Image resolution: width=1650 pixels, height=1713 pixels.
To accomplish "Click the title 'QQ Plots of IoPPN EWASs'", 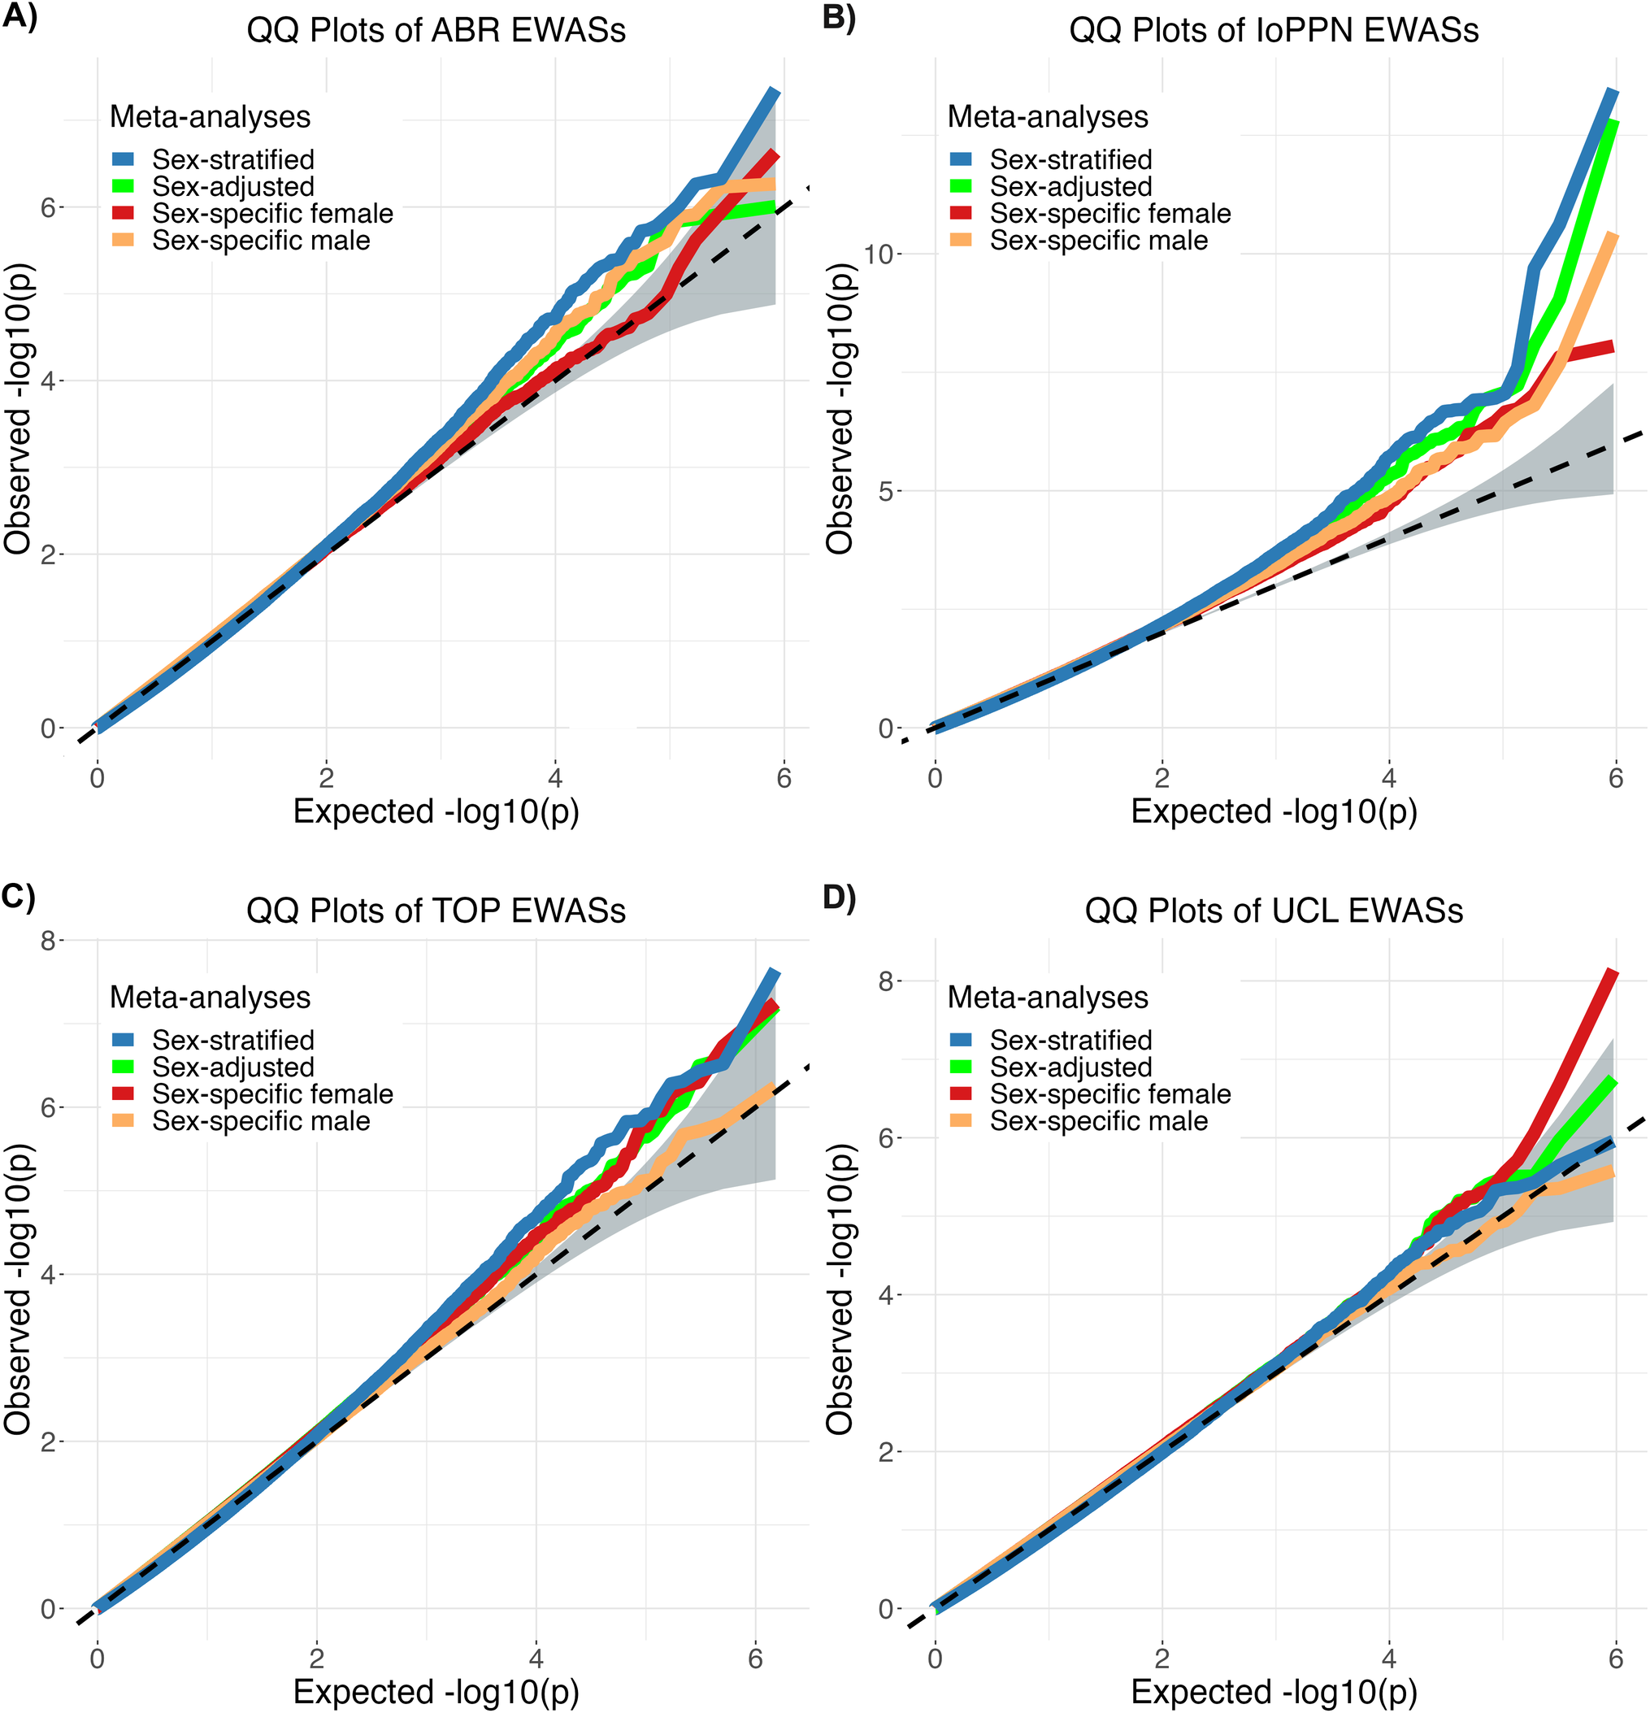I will pos(1274,31).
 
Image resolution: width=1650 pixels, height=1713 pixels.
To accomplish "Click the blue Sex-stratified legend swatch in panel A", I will pos(124,160).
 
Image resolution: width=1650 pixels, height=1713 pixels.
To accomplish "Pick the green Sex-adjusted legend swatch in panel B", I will pos(961,187).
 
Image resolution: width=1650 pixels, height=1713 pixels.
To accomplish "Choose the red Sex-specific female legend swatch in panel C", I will pos(124,1094).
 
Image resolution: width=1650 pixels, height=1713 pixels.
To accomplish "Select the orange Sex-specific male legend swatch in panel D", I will pos(961,1121).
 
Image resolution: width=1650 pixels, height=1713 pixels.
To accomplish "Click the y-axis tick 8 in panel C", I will pos(48,941).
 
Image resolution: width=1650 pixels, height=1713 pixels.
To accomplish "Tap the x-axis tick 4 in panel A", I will pos(555,778).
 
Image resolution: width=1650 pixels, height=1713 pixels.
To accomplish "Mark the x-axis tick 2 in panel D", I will pos(1162,1658).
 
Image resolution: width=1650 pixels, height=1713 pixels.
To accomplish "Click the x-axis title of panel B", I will pos(1274,812).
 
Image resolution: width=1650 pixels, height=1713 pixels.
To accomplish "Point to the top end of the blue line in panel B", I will pos(1613,93).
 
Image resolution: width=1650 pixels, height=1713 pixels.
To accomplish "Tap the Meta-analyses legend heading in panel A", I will pos(210,117).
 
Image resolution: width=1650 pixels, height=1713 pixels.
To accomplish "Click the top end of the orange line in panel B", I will pos(1613,236).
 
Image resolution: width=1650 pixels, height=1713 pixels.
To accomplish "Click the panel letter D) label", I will pos(839,898).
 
